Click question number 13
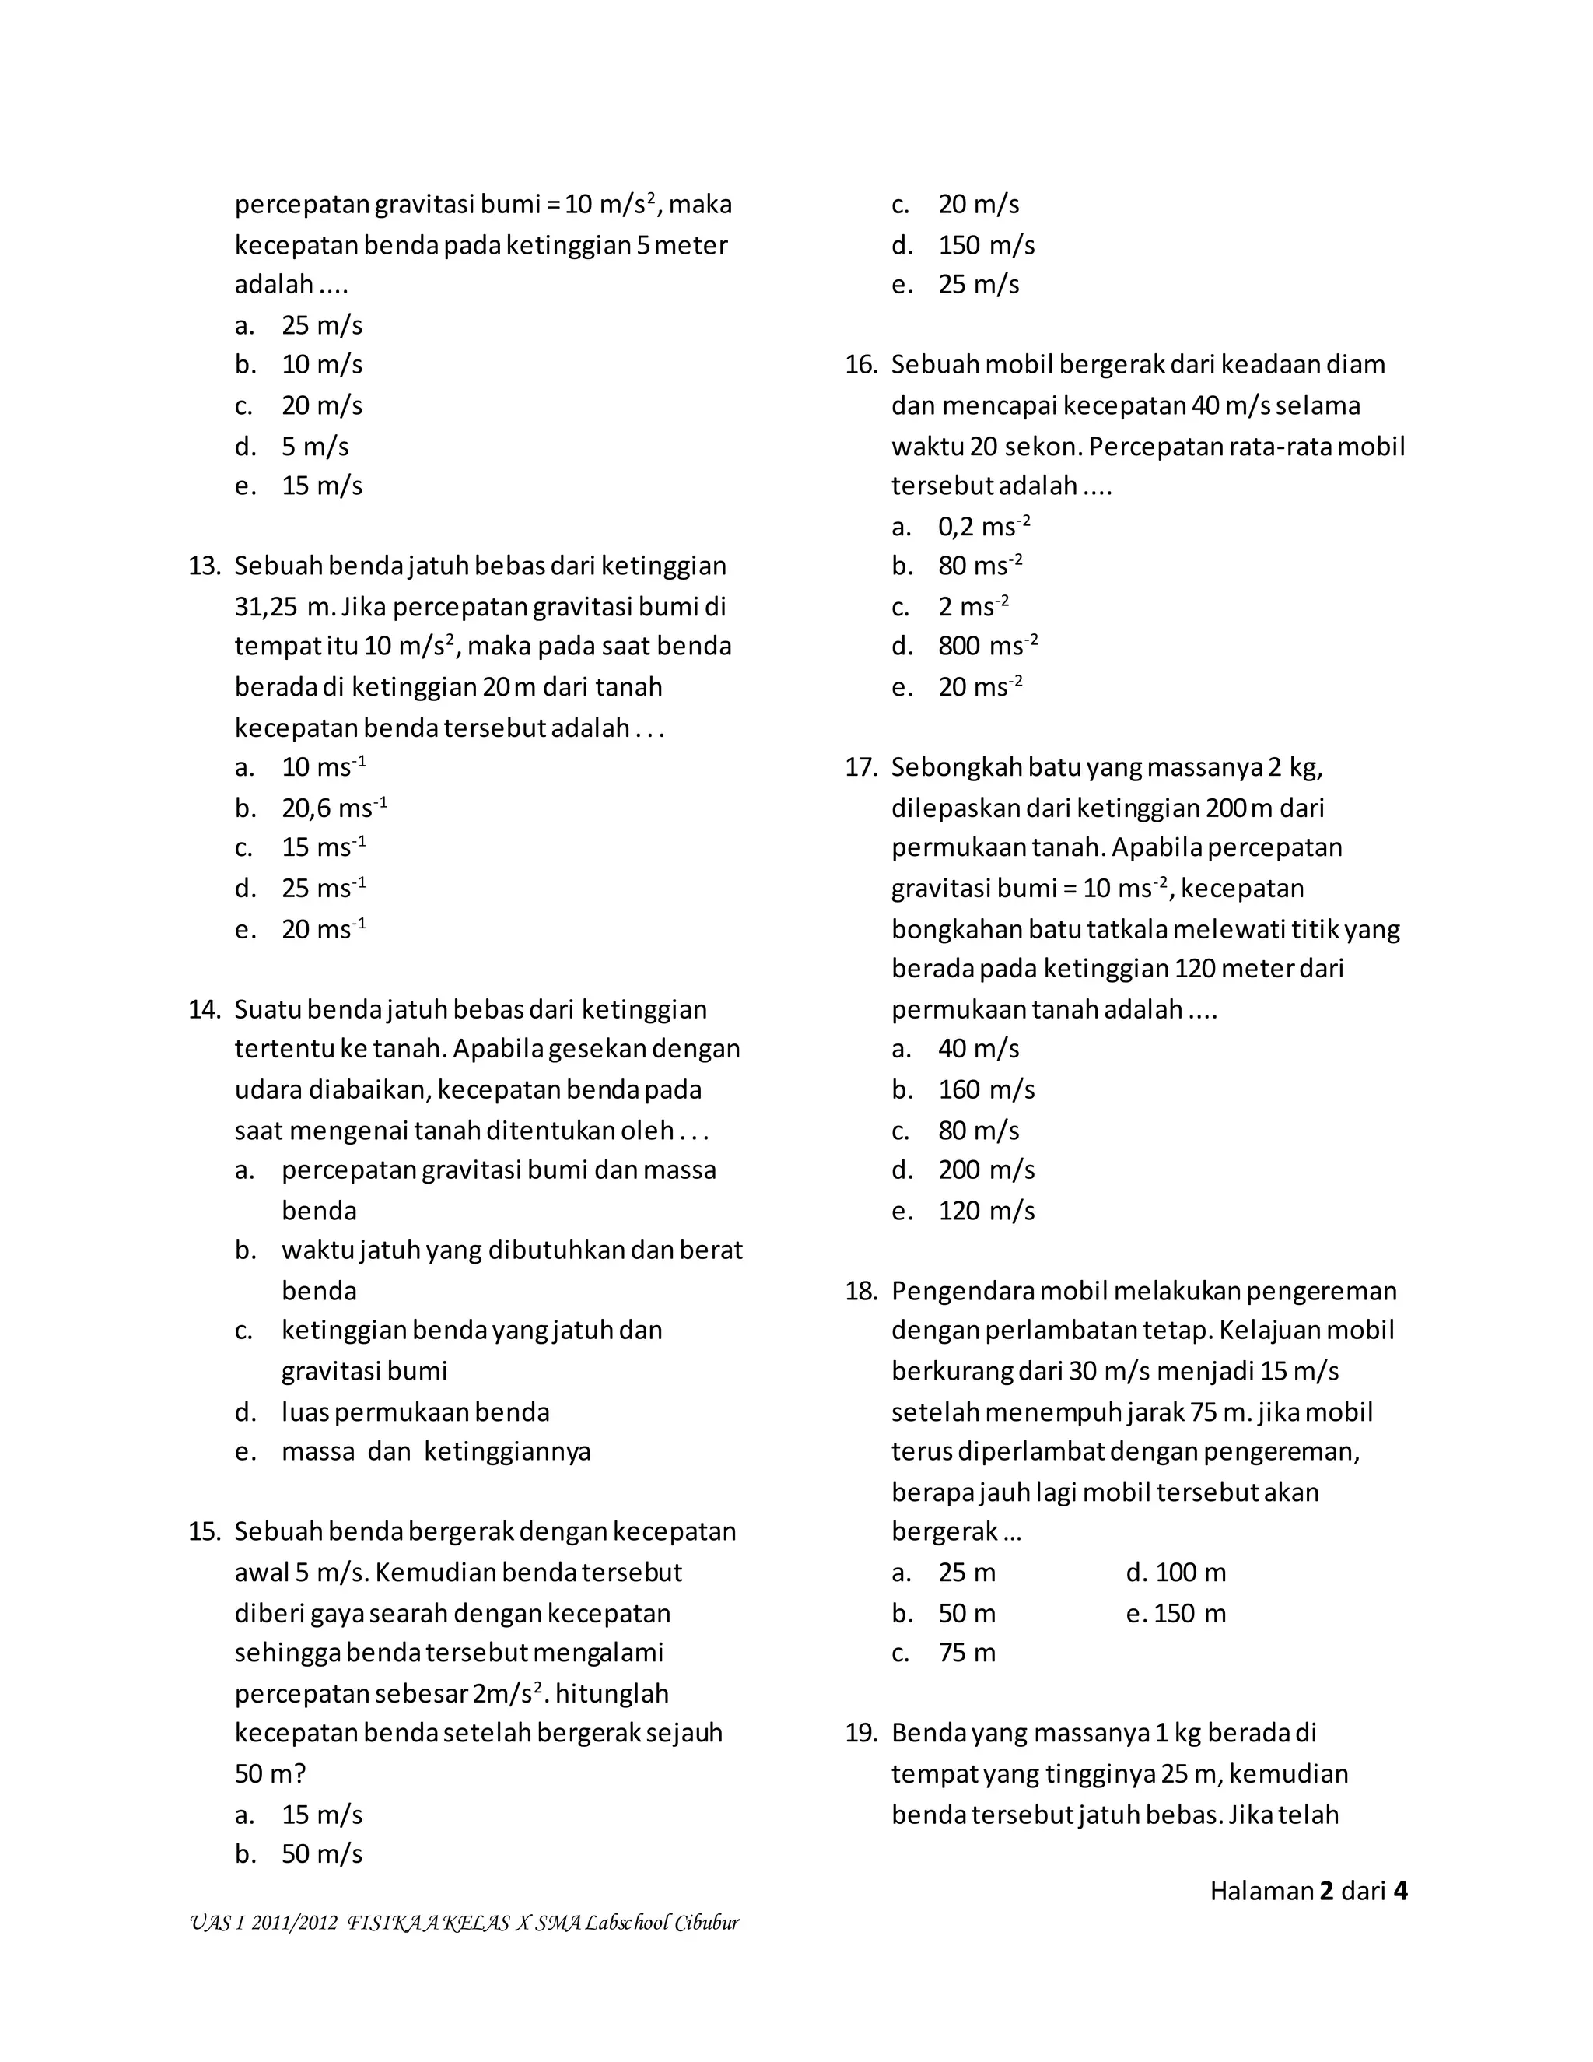tap(204, 566)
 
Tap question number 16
tap(861, 364)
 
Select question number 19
tap(861, 1733)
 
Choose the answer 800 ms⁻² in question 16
tap(987, 647)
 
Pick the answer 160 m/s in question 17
tap(986, 1089)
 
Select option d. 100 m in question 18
tap(1176, 1573)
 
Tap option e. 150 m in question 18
tap(1176, 1614)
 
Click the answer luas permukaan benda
tap(415, 1412)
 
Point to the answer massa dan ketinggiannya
tap(436, 1452)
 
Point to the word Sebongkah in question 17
tap(957, 767)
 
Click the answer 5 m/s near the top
tap(315, 447)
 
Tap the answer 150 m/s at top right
tap(986, 245)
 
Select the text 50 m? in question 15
tap(270, 1774)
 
